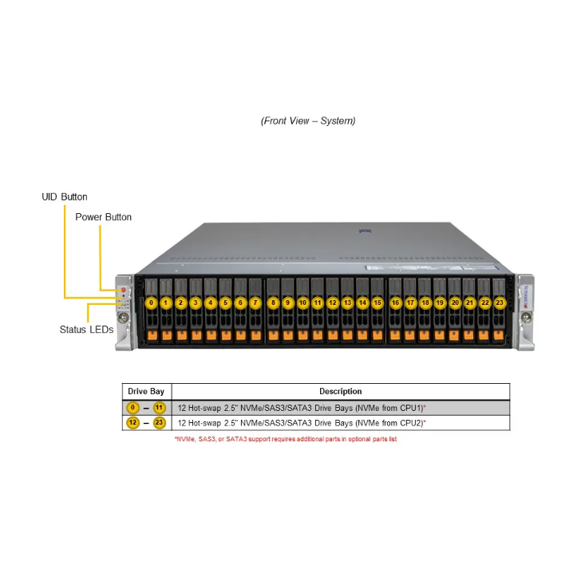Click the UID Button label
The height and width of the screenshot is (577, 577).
[65, 197]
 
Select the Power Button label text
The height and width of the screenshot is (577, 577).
[104, 217]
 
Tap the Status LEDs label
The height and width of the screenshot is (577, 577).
[86, 329]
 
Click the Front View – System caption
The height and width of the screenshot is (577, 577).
[308, 121]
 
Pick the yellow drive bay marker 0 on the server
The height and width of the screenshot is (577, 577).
[151, 302]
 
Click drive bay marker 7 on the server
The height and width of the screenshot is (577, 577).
[255, 302]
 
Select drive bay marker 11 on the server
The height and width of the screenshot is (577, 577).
[318, 302]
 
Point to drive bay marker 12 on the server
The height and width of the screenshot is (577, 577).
[333, 302]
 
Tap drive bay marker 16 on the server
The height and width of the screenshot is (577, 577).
[395, 302]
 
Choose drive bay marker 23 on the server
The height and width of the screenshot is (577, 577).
[500, 302]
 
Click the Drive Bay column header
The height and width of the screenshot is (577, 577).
[146, 391]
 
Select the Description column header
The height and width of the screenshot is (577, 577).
[340, 391]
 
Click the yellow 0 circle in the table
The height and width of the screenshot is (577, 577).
[133, 407]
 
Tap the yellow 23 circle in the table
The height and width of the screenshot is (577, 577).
[160, 423]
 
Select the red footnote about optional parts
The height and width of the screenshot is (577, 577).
[285, 439]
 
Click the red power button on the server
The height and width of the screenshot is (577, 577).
[123, 288]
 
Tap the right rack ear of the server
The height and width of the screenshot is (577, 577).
[525, 311]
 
